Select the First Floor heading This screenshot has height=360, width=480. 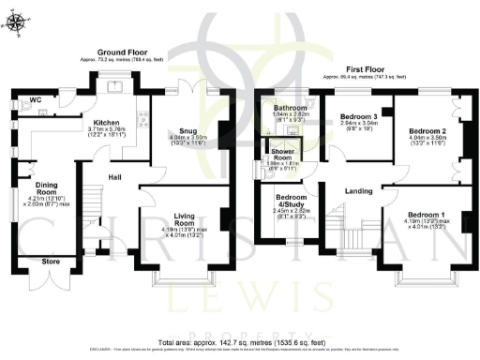coord(366,69)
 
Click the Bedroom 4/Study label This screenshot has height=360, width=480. coord(289,203)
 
